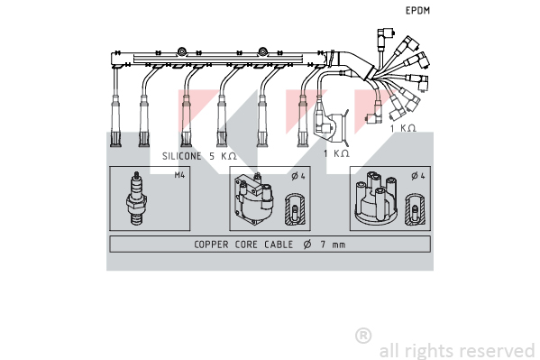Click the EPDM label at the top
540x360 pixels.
[417, 11]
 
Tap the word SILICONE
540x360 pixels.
[181, 156]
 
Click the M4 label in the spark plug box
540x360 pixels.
[179, 175]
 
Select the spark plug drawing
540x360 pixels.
[136, 198]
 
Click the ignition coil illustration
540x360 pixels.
[253, 199]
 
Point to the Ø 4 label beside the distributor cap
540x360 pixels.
[418, 176]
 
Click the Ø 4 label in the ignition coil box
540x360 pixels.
[298, 176]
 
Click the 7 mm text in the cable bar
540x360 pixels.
[333, 245]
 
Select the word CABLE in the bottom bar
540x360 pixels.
[279, 245]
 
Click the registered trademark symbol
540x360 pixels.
[363, 336]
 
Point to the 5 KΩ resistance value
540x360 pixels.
[224, 156]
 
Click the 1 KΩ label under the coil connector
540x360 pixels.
[336, 153]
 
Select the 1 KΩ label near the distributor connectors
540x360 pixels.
[403, 128]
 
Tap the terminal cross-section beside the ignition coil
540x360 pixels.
[295, 210]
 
